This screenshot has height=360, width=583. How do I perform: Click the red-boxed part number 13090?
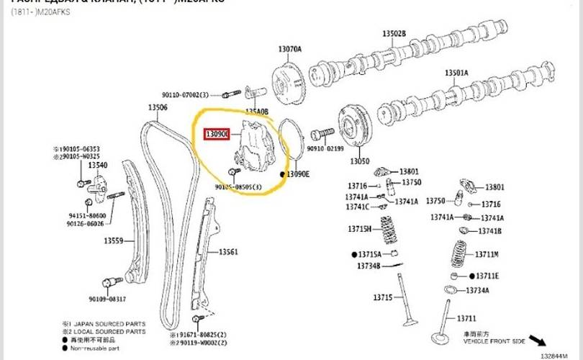click(x=217, y=135)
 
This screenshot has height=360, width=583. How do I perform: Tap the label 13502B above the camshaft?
click(x=394, y=34)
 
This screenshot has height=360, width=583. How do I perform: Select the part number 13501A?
click(x=456, y=73)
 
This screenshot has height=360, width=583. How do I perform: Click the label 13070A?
click(x=290, y=49)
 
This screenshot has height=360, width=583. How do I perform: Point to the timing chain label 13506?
click(x=158, y=108)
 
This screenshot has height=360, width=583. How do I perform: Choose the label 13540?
click(x=98, y=166)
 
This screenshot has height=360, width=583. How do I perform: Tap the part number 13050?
click(x=359, y=162)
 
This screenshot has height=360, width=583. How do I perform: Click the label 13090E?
click(x=298, y=174)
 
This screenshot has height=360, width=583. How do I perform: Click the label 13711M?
click(x=487, y=254)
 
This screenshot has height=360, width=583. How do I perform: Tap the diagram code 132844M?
click(x=560, y=354)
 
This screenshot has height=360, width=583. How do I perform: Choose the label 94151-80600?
click(x=87, y=215)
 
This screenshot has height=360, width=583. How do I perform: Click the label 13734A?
click(x=476, y=290)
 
